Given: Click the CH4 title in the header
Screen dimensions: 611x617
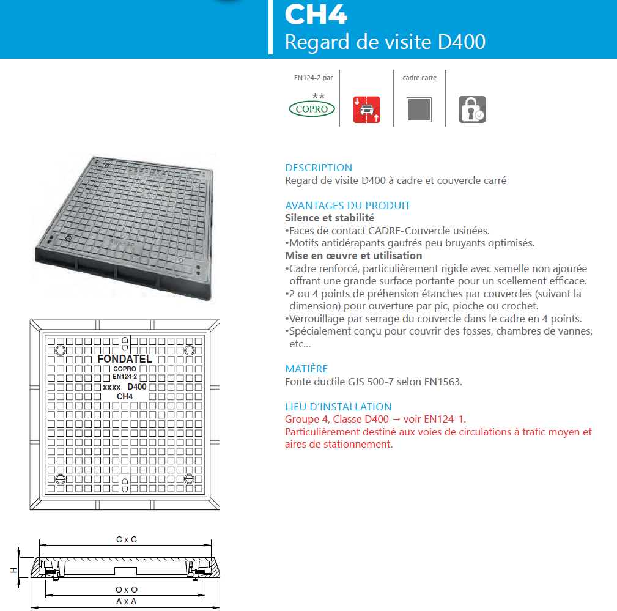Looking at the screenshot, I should click(x=316, y=15).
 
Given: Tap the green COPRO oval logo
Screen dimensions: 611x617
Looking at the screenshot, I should click(x=312, y=109).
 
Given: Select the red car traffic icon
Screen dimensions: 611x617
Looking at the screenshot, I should click(x=366, y=110).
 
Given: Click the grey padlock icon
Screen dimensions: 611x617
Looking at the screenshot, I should click(x=472, y=110).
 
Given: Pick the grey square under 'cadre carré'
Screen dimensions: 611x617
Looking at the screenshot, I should click(x=420, y=110).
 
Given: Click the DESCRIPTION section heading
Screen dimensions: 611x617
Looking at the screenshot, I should click(x=319, y=168).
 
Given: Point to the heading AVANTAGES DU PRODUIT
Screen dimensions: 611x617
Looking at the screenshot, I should click(x=347, y=206).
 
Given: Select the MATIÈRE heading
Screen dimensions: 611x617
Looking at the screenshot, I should click(x=306, y=369).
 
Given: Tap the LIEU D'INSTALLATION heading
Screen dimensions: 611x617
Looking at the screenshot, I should click(x=338, y=407).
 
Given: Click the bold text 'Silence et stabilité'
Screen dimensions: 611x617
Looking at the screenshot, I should click(x=330, y=218).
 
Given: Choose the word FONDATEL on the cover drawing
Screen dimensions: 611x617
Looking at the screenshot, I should click(x=125, y=359).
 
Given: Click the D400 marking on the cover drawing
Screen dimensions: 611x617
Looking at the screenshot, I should click(x=136, y=387).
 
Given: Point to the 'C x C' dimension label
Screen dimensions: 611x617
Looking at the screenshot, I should click(x=126, y=539).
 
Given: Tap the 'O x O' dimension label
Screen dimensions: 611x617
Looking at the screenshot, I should click(x=126, y=590).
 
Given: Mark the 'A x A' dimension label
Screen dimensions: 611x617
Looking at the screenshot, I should click(x=126, y=602).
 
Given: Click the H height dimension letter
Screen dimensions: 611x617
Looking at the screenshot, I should click(x=12, y=569).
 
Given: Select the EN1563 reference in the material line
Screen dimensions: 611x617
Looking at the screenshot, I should click(x=445, y=382).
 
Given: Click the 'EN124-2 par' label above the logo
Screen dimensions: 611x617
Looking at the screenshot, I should click(x=313, y=78).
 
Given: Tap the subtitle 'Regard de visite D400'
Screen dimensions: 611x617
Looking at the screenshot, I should click(x=385, y=42).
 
